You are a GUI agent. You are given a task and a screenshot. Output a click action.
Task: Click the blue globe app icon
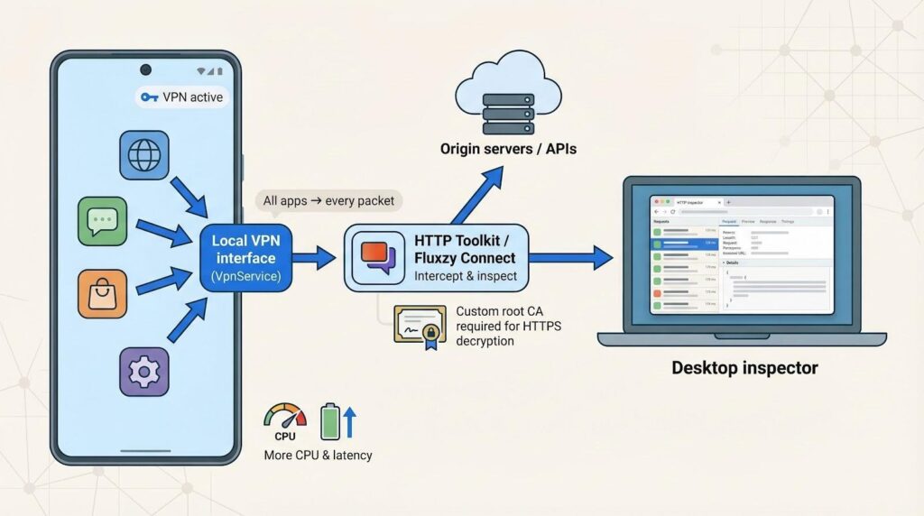(144, 155)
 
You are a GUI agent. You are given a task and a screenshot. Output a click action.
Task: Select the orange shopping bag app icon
(102, 293)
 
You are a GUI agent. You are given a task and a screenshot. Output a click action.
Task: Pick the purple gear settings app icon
(144, 371)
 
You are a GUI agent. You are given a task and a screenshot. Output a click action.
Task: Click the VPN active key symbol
(150, 97)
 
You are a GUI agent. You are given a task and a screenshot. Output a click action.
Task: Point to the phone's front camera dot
(145, 69)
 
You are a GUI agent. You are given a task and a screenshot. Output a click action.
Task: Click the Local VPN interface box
(246, 260)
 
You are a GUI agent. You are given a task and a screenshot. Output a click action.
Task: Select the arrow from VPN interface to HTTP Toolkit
(314, 260)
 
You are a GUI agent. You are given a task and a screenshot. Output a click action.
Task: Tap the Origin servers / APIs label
(508, 148)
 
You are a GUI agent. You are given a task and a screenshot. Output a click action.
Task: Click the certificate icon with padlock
(420, 325)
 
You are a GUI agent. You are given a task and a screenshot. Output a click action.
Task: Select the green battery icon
(331, 421)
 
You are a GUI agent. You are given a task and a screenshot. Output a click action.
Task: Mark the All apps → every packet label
(328, 200)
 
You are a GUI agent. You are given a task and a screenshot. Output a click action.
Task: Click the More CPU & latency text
(318, 454)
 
